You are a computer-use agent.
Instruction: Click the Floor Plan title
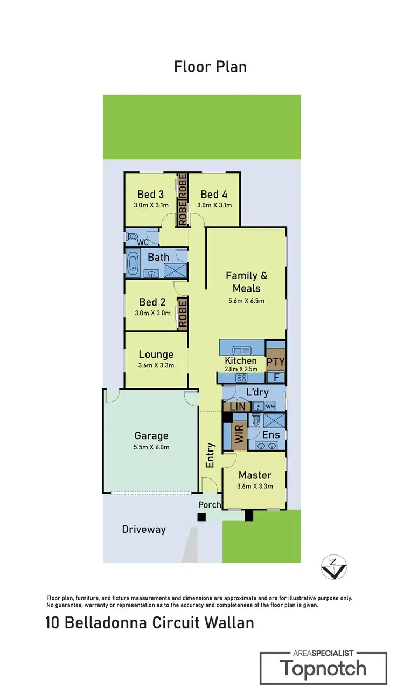click(x=210, y=67)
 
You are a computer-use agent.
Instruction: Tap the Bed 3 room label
click(x=150, y=194)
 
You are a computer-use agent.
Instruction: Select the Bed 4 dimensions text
click(x=214, y=205)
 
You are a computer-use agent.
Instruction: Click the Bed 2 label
click(x=152, y=302)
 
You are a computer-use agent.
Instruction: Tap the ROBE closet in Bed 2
click(x=182, y=314)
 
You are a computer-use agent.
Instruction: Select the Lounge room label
click(x=156, y=354)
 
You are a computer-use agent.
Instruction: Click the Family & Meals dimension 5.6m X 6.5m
click(x=246, y=301)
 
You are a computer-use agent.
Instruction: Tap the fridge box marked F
click(x=276, y=377)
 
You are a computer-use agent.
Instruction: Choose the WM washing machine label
click(x=269, y=406)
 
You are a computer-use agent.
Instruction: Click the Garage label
click(x=151, y=436)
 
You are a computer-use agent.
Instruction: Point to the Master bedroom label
click(x=255, y=475)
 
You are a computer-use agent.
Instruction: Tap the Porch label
click(x=210, y=505)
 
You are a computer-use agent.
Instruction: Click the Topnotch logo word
click(x=323, y=669)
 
